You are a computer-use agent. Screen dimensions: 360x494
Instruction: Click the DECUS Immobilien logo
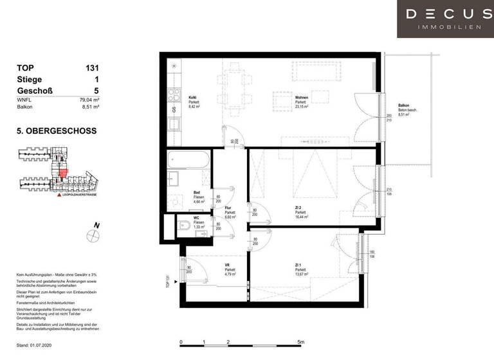(x=445, y=18)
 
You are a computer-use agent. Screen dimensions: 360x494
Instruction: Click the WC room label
(x=197, y=219)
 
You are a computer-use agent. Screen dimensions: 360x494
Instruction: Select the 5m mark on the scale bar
(x=301, y=343)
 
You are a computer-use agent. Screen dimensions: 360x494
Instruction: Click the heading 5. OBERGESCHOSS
(x=57, y=130)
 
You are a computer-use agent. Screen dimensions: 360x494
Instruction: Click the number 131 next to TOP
(x=92, y=67)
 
